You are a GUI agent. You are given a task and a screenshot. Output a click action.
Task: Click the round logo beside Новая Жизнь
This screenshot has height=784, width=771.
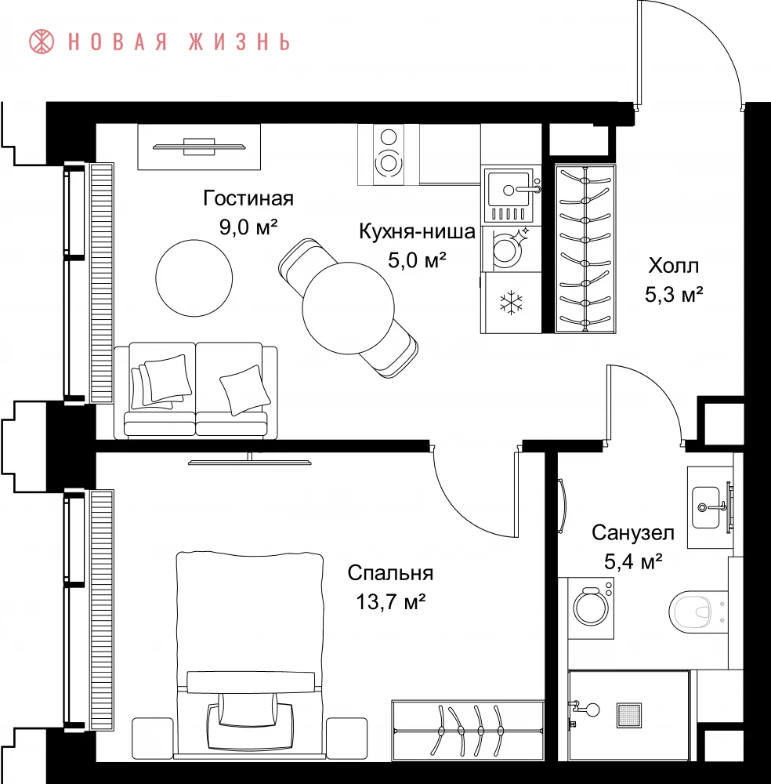click(42, 42)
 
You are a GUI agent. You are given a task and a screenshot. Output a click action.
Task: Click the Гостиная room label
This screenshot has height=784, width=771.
click(248, 198)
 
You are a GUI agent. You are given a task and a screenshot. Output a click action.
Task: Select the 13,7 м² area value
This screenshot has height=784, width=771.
click(390, 602)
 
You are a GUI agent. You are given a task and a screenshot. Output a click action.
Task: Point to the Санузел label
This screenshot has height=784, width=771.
click(633, 533)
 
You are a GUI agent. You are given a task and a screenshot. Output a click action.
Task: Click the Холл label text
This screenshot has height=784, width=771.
click(674, 266)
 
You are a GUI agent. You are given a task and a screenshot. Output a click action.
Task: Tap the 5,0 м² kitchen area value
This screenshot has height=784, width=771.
click(417, 260)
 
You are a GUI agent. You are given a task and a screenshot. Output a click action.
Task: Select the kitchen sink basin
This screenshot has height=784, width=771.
click(509, 190)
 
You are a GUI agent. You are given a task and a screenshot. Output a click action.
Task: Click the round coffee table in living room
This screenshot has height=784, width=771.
click(194, 278)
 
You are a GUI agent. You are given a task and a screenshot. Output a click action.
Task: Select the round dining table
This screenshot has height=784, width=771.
click(348, 308)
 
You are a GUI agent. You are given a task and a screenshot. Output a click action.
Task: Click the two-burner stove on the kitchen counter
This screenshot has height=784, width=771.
click(389, 154)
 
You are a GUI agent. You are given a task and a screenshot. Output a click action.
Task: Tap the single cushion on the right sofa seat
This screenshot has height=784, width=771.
click(244, 390)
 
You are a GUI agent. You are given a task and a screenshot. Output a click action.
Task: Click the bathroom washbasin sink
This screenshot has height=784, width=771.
click(707, 507)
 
